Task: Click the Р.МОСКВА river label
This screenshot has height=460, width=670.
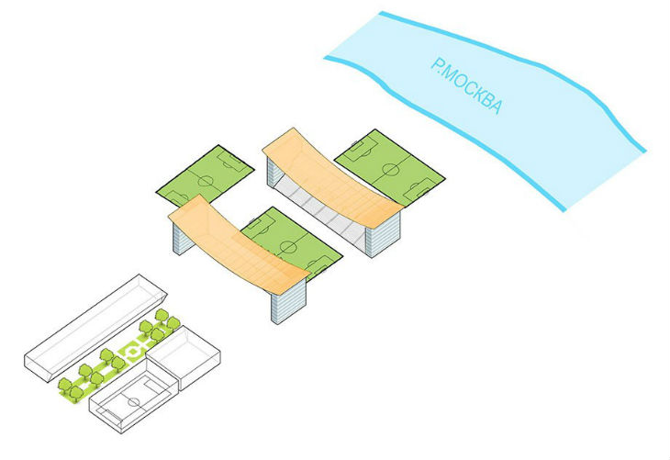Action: [x=466, y=86]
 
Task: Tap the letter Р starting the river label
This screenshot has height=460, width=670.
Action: [x=438, y=64]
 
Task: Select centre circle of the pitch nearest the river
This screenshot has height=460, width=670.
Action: [x=392, y=168]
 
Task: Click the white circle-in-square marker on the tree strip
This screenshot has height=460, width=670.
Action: [x=134, y=350]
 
